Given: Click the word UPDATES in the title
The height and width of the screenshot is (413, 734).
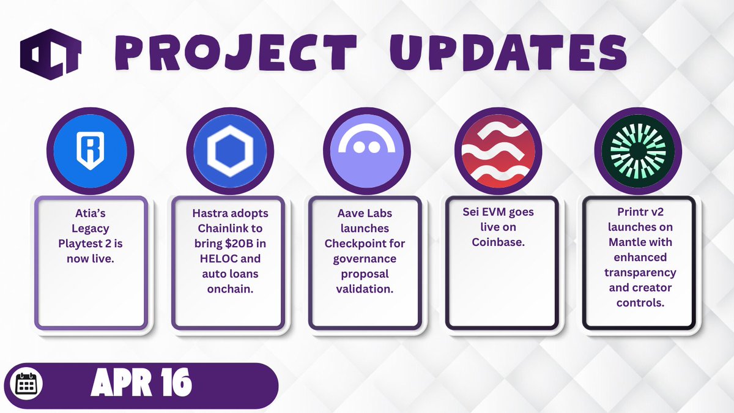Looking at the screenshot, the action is (x=508, y=53).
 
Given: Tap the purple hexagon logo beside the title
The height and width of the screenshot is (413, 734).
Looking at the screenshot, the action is (x=51, y=54).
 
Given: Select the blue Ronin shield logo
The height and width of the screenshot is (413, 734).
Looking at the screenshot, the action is (x=91, y=151).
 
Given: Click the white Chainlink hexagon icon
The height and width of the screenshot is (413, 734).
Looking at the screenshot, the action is (x=230, y=151).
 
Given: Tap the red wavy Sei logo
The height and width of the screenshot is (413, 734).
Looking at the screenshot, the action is (x=498, y=151).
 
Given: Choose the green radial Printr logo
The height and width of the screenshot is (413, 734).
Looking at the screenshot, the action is (x=638, y=151).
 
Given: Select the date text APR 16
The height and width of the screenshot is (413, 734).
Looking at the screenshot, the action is (x=141, y=382).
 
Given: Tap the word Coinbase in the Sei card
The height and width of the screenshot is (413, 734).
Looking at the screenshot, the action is (x=498, y=242).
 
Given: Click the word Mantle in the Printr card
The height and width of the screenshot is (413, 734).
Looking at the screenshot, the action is (x=624, y=242).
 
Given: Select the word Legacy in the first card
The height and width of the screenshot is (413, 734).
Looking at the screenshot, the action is (x=91, y=229).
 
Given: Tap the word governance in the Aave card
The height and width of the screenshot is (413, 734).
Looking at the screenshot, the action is (x=365, y=259).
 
